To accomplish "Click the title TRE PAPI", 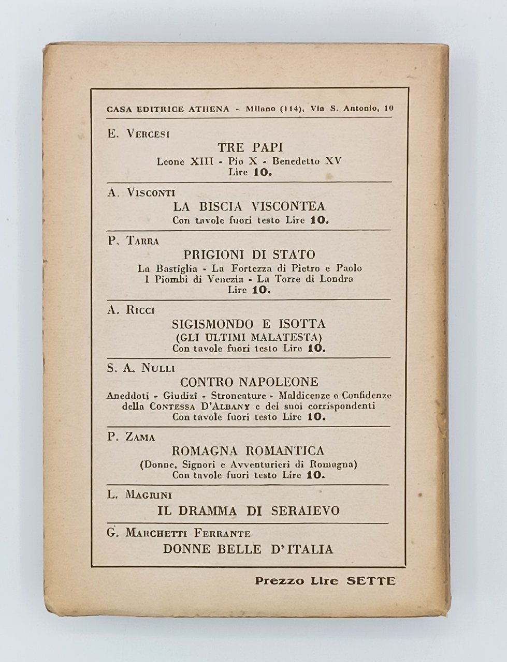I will [x=250, y=147].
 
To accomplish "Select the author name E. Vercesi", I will [x=138, y=134].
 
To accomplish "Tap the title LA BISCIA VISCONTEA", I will [x=250, y=206].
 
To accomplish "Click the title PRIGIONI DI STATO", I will [x=250, y=254].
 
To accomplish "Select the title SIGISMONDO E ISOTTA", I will [x=250, y=324].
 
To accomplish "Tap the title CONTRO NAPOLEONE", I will [x=250, y=382].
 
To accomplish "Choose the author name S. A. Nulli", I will [x=141, y=368].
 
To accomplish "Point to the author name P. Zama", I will [x=132, y=437].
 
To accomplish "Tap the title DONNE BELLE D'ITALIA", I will [x=249, y=549].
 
